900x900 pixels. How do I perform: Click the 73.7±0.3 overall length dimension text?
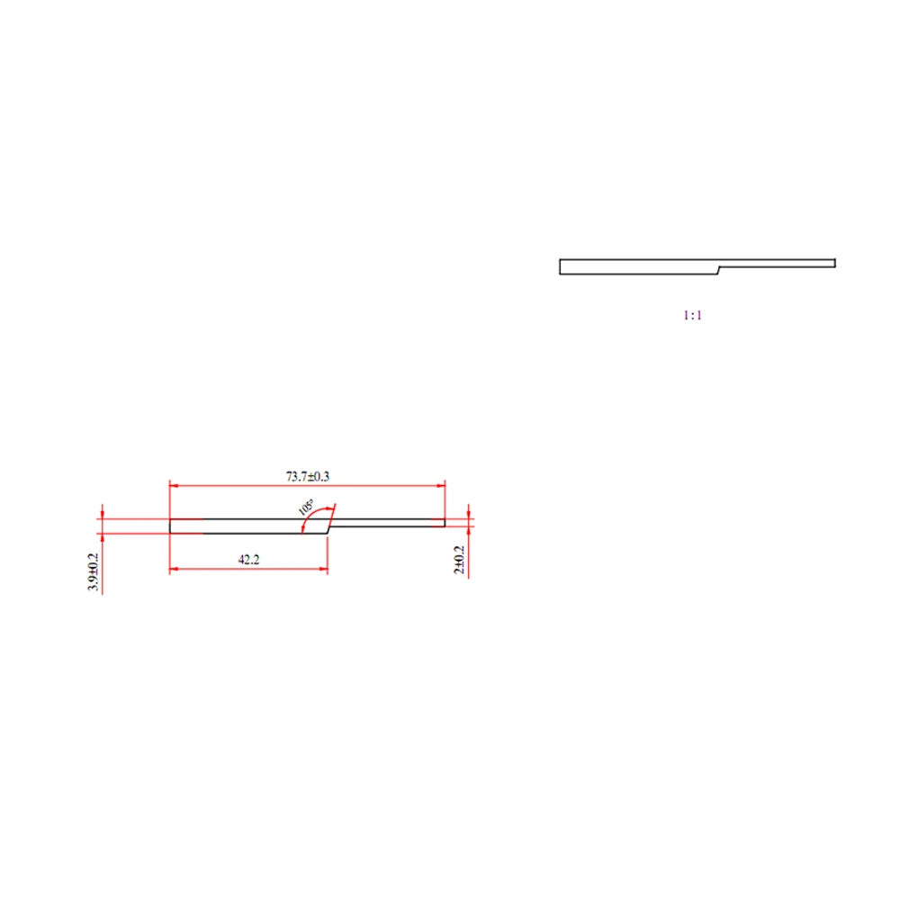pyautogui.click(x=308, y=475)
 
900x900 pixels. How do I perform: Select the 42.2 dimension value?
pyautogui.click(x=248, y=559)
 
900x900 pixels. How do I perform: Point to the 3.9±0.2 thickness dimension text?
pyautogui.click(x=94, y=572)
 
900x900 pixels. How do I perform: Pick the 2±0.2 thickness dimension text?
pyautogui.click(x=459, y=559)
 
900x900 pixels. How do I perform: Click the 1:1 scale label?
pyautogui.click(x=691, y=316)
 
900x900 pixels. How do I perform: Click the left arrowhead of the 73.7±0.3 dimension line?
pyautogui.click(x=175, y=486)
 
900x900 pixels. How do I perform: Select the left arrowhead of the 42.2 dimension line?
pyautogui.click(x=175, y=569)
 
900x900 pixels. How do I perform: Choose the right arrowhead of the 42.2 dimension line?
pyautogui.click(x=322, y=569)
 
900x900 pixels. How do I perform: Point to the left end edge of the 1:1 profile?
pyautogui.click(x=560, y=266)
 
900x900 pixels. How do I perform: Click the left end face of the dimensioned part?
pyautogui.click(x=170, y=526)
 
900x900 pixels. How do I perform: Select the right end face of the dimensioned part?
pyautogui.click(x=445, y=523)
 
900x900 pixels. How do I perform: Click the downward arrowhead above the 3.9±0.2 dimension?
pyautogui.click(x=103, y=514)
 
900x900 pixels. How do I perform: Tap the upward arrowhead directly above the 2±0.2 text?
pyautogui.click(x=469, y=531)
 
